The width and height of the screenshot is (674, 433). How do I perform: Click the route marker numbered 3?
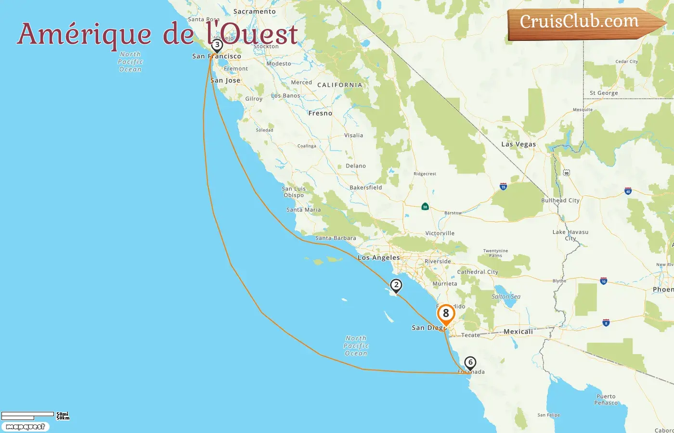coord(217,45)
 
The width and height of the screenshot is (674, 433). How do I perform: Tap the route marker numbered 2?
coord(396,285)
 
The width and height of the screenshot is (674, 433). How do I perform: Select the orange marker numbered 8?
coord(446,314)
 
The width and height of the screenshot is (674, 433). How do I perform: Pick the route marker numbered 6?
coord(470,363)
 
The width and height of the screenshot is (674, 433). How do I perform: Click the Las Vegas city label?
coord(518,144)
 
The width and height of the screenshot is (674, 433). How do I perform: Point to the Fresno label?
coord(320,114)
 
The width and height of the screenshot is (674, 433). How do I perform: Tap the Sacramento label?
coord(254,12)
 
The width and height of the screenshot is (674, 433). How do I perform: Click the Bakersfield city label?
coord(366,188)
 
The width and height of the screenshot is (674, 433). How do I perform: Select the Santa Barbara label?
coord(336,238)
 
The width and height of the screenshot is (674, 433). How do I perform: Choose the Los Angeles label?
coord(379,258)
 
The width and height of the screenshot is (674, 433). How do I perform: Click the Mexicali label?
coord(518,331)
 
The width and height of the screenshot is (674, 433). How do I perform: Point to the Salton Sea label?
coord(506,297)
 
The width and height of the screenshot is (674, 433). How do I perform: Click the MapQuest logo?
coord(25,427)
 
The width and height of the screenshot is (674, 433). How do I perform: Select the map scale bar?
coord(28,416)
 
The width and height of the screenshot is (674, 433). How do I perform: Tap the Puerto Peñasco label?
coord(606,400)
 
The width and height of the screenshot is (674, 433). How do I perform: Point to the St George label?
coord(604,93)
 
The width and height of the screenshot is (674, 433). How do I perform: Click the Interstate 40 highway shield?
coord(628,191)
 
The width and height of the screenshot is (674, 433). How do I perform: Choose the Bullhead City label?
coord(560,201)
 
